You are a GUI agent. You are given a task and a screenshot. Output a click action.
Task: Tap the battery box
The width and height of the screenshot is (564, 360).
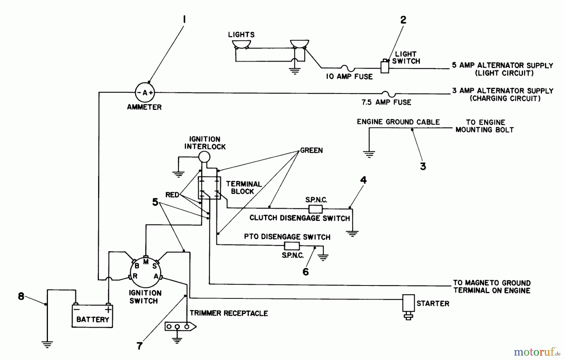tap(92, 316)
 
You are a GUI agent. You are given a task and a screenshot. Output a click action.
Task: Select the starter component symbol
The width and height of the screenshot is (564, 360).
tap(408, 306)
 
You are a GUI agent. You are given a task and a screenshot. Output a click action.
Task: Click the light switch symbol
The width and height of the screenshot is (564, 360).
tap(385, 66)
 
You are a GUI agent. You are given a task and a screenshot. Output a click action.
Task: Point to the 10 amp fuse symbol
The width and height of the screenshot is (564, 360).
tap(348, 68)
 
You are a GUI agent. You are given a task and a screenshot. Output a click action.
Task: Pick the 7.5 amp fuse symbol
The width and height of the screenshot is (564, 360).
tap(388, 93)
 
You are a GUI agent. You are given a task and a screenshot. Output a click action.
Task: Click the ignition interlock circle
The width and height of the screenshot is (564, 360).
tap(204, 156)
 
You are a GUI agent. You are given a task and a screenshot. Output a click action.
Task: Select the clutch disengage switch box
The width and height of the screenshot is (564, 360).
tap(316, 209)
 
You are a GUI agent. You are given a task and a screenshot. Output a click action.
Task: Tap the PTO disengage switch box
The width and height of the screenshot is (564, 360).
tap(291, 246)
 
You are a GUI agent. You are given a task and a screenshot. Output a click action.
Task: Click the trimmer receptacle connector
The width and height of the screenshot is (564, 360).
tap(180, 327)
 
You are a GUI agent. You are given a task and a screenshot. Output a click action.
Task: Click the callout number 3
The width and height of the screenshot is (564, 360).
tap(423, 166)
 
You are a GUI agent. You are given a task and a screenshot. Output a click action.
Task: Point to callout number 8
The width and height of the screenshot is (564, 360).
tap(21, 296)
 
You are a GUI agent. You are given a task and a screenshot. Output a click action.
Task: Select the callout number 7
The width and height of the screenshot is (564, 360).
tap(139, 346)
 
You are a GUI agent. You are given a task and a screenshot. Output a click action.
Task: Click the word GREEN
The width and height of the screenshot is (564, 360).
tap(311, 150)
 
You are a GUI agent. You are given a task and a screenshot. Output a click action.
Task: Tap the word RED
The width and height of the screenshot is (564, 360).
tap(172, 195)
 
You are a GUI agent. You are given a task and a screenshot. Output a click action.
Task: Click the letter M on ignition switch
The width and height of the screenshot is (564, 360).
tap(146, 262)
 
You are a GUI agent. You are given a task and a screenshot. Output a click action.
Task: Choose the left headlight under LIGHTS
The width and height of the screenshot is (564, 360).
tap(241, 44)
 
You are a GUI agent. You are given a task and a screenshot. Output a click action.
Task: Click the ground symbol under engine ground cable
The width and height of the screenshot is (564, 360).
tap(369, 154)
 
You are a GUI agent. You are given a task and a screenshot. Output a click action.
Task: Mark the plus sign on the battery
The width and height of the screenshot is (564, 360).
tap(108, 310)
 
